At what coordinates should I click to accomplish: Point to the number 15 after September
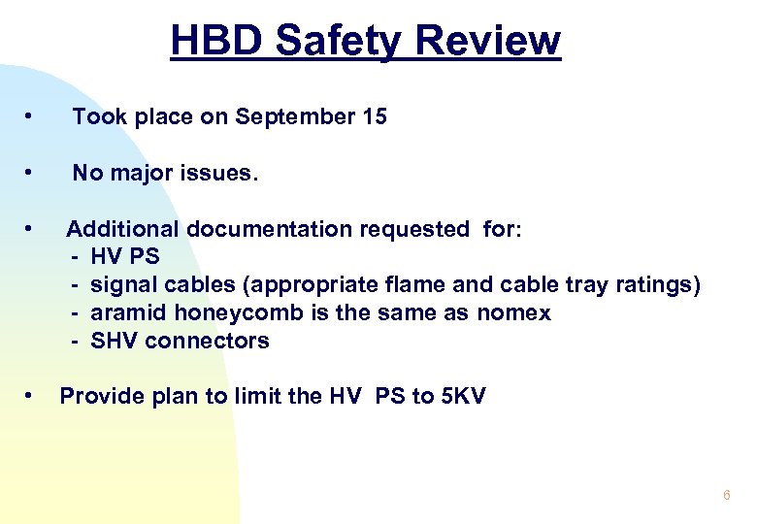375,117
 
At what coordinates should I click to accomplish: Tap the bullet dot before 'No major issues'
31,173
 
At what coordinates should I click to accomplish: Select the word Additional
122,230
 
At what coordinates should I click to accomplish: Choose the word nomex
513,313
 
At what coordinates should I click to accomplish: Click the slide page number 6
726,496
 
